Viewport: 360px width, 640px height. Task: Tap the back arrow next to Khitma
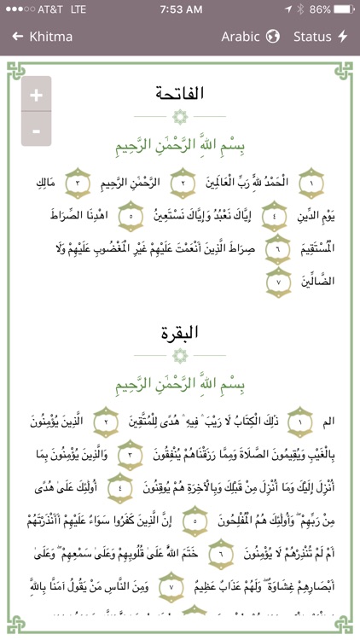pyautogui.click(x=17, y=37)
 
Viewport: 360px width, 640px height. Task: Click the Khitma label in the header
pyautogui.click(x=51, y=37)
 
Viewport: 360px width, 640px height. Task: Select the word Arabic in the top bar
pyautogui.click(x=241, y=37)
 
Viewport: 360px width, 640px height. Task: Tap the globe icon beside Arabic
pyautogui.click(x=273, y=37)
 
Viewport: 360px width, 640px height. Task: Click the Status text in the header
pyautogui.click(x=312, y=37)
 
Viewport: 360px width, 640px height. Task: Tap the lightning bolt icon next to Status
pyautogui.click(x=343, y=37)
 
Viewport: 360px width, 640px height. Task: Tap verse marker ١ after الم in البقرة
pyautogui.click(x=299, y=420)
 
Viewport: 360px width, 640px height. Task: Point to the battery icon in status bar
pyautogui.click(x=341, y=10)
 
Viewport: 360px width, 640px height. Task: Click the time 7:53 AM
pyautogui.click(x=179, y=10)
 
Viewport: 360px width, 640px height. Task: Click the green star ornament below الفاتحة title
pyautogui.click(x=179, y=116)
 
